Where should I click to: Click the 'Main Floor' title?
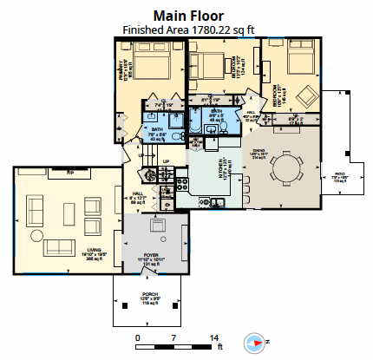[x=188, y=15]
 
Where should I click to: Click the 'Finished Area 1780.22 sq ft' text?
[x=188, y=29]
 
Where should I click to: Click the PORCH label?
[x=150, y=297]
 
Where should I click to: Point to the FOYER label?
[x=152, y=256]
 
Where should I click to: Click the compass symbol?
[x=254, y=341]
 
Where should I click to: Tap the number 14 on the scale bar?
[x=213, y=337]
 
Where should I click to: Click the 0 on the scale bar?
[x=137, y=337]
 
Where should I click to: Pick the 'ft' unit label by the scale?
[x=220, y=346]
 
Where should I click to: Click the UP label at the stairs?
[x=167, y=161]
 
